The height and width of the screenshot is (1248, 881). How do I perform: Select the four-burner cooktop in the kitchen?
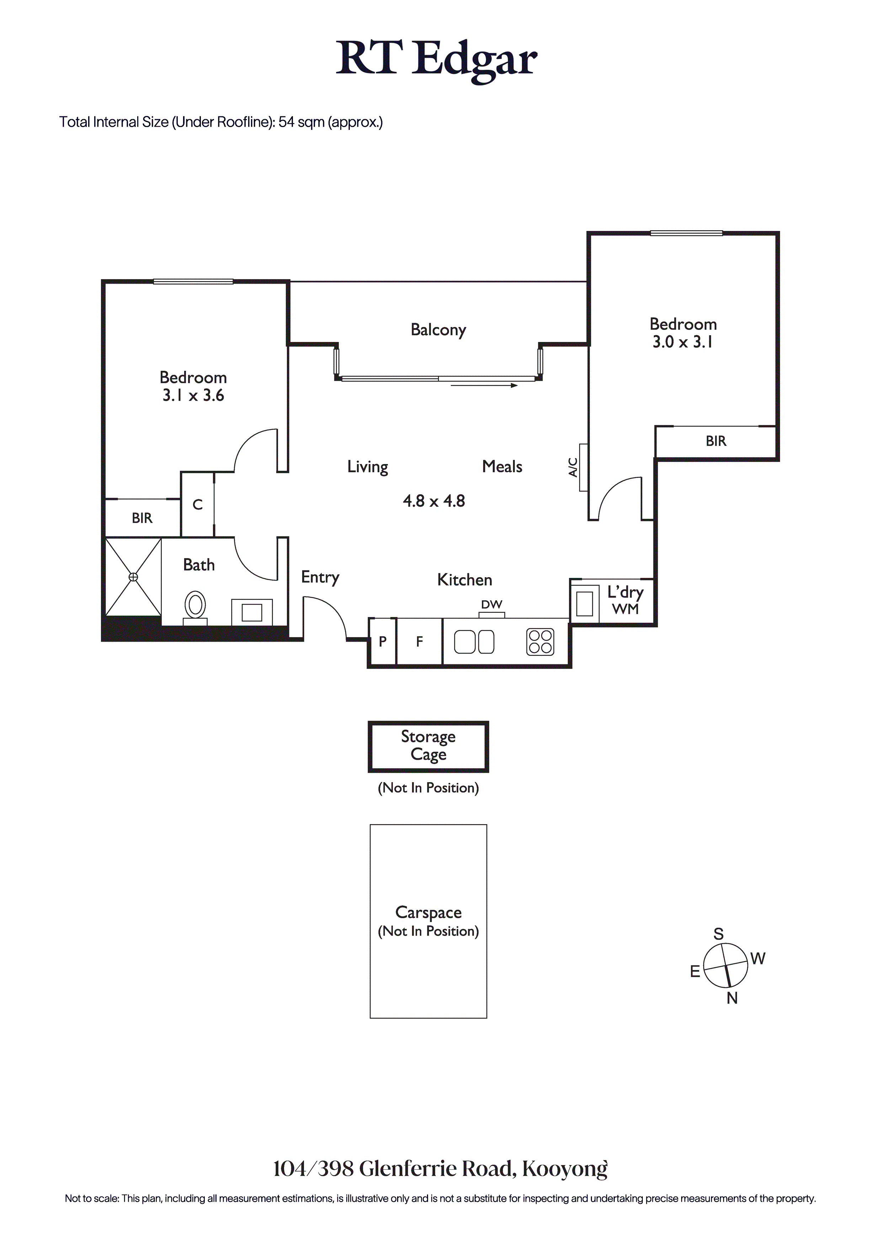tap(540, 641)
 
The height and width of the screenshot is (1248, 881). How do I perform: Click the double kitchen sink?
tap(474, 641)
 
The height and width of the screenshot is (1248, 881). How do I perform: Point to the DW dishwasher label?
tap(492, 605)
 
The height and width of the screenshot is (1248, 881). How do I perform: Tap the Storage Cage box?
tap(428, 746)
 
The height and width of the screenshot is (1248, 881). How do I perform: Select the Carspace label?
tap(428, 912)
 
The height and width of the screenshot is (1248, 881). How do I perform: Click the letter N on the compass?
tap(732, 998)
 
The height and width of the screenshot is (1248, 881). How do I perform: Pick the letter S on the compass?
tap(719, 934)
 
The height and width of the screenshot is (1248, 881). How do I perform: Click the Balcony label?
tap(438, 330)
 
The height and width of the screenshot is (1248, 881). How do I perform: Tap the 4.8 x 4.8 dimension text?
tap(434, 501)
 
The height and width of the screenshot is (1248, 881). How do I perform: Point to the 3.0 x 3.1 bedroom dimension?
tap(683, 342)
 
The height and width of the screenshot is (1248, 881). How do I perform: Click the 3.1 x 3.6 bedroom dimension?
tap(193, 395)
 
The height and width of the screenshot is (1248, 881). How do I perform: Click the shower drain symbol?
tap(133, 577)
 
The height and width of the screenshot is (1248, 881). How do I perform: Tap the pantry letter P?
tap(383, 641)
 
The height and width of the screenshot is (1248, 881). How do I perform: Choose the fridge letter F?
tap(419, 641)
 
